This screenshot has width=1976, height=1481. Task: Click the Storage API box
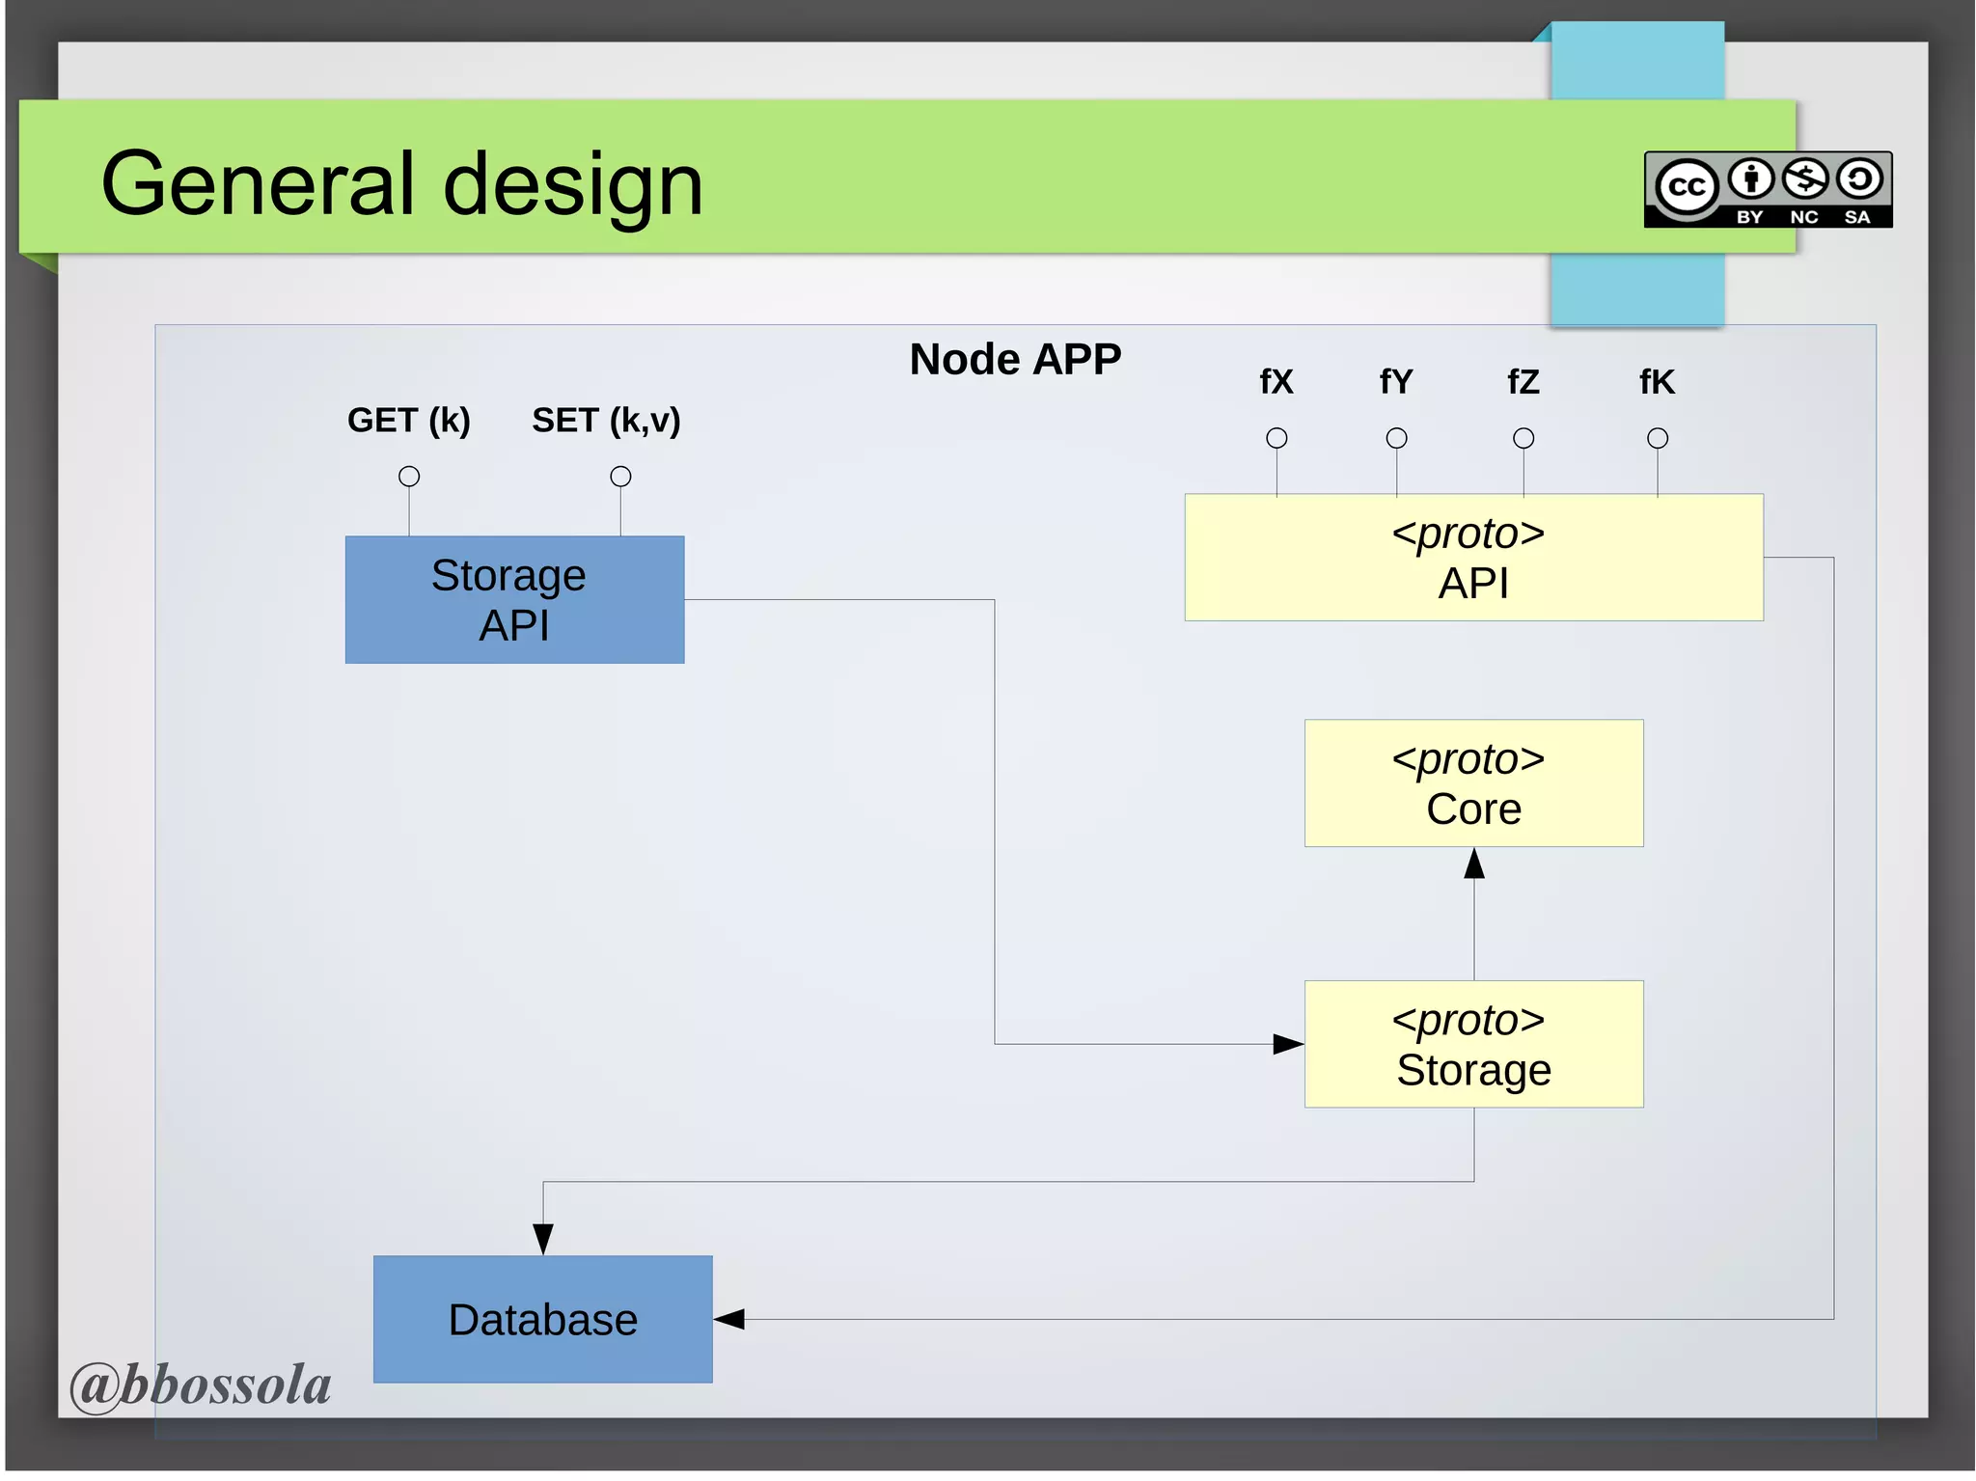(514, 599)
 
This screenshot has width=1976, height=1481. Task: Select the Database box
(542, 1319)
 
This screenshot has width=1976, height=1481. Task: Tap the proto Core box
(1473, 782)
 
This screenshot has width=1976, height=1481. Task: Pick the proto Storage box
(1473, 1044)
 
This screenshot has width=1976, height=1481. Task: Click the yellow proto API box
(1473, 558)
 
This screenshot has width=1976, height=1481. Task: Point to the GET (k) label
(408, 420)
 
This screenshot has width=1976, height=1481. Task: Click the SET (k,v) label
(606, 420)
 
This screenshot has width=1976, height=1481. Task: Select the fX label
(1276, 382)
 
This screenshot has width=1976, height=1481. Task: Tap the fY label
(1395, 382)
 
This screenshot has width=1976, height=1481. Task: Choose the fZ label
(1523, 382)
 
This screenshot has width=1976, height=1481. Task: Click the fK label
(1657, 382)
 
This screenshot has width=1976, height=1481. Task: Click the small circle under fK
(1657, 438)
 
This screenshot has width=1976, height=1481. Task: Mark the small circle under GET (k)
(409, 476)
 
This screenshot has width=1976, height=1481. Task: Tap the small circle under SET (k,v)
(620, 476)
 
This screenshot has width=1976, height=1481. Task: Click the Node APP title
(1015, 359)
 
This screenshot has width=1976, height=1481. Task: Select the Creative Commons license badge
(1768, 189)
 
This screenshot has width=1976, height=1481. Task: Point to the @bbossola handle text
(201, 1385)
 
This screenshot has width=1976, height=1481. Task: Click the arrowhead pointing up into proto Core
(1473, 864)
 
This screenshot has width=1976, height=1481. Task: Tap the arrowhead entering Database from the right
(729, 1319)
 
